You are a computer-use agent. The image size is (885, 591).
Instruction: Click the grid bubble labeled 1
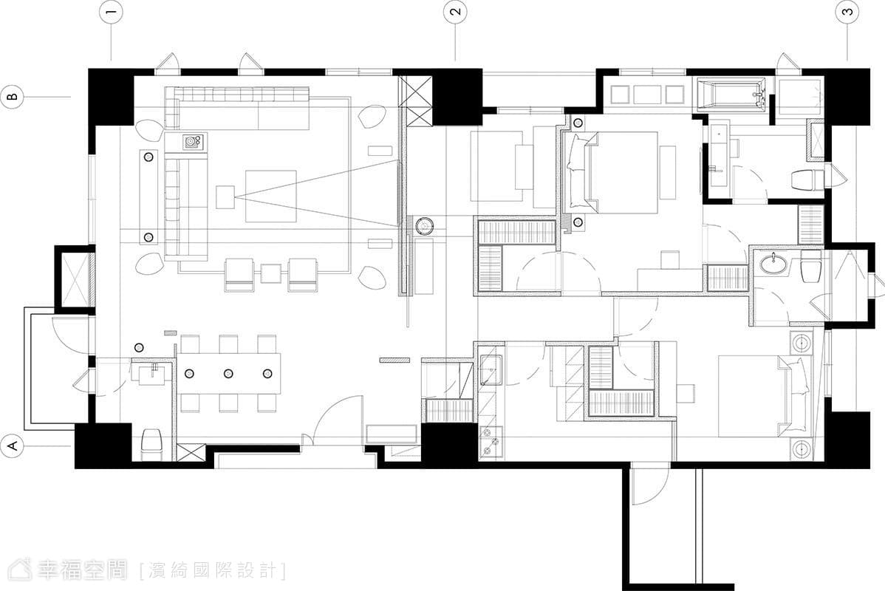click(x=111, y=13)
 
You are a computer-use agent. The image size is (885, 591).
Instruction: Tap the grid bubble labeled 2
click(x=456, y=13)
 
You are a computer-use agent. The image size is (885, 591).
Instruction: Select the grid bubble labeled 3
click(x=848, y=13)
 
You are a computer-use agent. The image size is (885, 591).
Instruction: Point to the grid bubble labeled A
click(x=13, y=446)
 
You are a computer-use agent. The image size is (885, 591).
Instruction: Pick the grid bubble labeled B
click(x=13, y=97)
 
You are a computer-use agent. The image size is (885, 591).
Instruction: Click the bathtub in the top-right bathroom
click(x=731, y=94)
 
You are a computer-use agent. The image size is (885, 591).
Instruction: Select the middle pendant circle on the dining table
click(x=228, y=373)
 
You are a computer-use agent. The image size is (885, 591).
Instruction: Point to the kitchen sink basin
click(x=490, y=369)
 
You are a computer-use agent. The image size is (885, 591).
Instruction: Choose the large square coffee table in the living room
click(x=271, y=195)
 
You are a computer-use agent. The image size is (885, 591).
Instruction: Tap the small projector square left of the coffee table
click(x=225, y=197)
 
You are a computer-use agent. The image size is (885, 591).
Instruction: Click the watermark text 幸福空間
click(x=83, y=570)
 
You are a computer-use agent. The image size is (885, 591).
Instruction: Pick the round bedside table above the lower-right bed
click(x=802, y=342)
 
